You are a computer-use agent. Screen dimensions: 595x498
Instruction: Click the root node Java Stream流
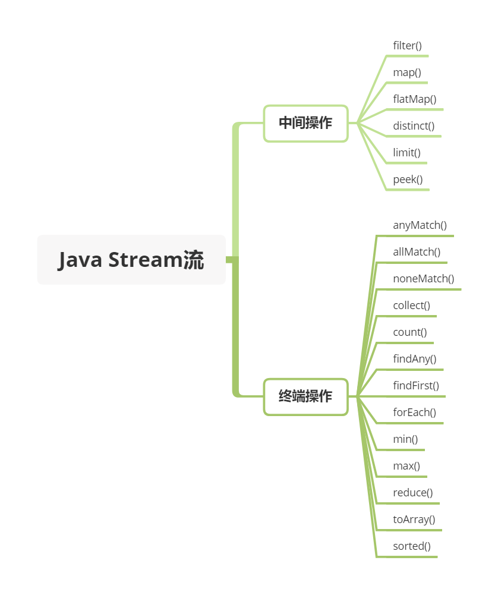(x=131, y=260)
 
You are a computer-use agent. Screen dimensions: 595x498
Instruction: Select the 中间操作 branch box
(x=305, y=123)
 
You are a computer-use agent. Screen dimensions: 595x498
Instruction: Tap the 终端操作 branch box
(x=305, y=396)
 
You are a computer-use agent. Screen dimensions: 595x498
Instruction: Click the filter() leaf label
(x=407, y=46)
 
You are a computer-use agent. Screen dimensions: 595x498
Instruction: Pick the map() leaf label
(x=407, y=73)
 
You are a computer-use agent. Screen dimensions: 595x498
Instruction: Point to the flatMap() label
(x=415, y=99)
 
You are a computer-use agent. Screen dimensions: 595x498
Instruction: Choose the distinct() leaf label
(x=414, y=126)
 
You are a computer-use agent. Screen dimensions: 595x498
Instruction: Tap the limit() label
(x=406, y=153)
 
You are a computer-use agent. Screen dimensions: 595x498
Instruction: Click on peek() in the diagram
(x=408, y=180)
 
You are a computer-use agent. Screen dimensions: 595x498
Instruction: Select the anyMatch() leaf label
(x=420, y=225)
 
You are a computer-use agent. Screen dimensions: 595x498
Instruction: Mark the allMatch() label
(x=417, y=252)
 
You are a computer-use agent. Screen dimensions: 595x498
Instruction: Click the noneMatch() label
(x=424, y=279)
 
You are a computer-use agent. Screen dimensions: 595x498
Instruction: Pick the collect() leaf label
(x=411, y=306)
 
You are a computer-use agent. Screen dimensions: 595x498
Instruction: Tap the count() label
(x=410, y=332)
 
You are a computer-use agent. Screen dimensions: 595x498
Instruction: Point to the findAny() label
(x=415, y=359)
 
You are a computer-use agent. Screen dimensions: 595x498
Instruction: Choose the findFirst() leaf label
(x=416, y=386)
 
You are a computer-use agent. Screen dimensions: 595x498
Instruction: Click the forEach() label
(x=415, y=413)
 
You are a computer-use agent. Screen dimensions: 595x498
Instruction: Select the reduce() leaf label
(x=413, y=493)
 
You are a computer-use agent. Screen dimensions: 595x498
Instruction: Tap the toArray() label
(x=414, y=520)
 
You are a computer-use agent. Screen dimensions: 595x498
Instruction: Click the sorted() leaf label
(x=412, y=546)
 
